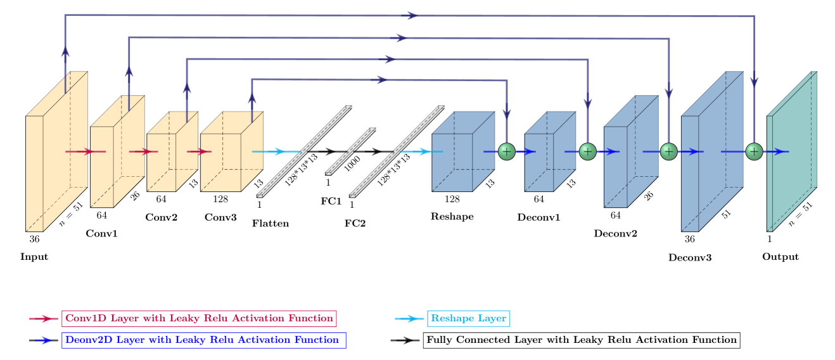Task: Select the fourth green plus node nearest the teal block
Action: [754, 151]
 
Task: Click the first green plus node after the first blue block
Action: [507, 151]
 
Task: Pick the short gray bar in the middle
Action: [351, 151]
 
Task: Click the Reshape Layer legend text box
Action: [468, 318]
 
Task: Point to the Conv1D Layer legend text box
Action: [199, 318]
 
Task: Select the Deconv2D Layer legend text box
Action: [204, 340]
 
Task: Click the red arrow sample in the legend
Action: [44, 319]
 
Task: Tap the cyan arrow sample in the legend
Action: [409, 319]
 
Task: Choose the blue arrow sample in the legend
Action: [43, 340]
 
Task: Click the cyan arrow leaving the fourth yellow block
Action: [272, 151]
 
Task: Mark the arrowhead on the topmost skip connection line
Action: [412, 15]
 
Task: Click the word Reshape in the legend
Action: [451, 318]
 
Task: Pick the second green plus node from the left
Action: [588, 151]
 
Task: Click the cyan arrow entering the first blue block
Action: [418, 151]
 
